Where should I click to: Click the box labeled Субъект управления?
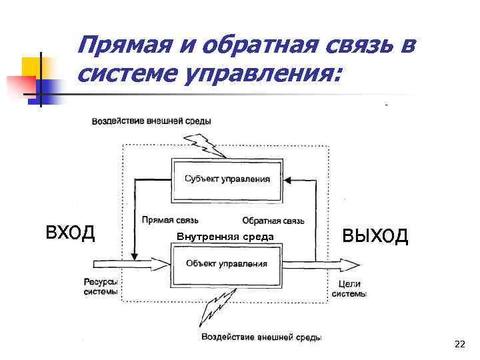point(227,179)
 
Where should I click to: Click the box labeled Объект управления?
point(227,263)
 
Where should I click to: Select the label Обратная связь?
point(273,221)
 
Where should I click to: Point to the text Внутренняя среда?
point(225,237)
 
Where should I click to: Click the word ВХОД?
point(70,233)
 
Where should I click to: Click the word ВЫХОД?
point(375,235)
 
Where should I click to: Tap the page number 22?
point(459,344)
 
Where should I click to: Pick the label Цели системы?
point(349,289)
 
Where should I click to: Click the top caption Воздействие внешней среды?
point(151,121)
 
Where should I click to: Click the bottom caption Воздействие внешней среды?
point(261,337)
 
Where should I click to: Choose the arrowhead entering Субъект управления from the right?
point(287,179)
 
